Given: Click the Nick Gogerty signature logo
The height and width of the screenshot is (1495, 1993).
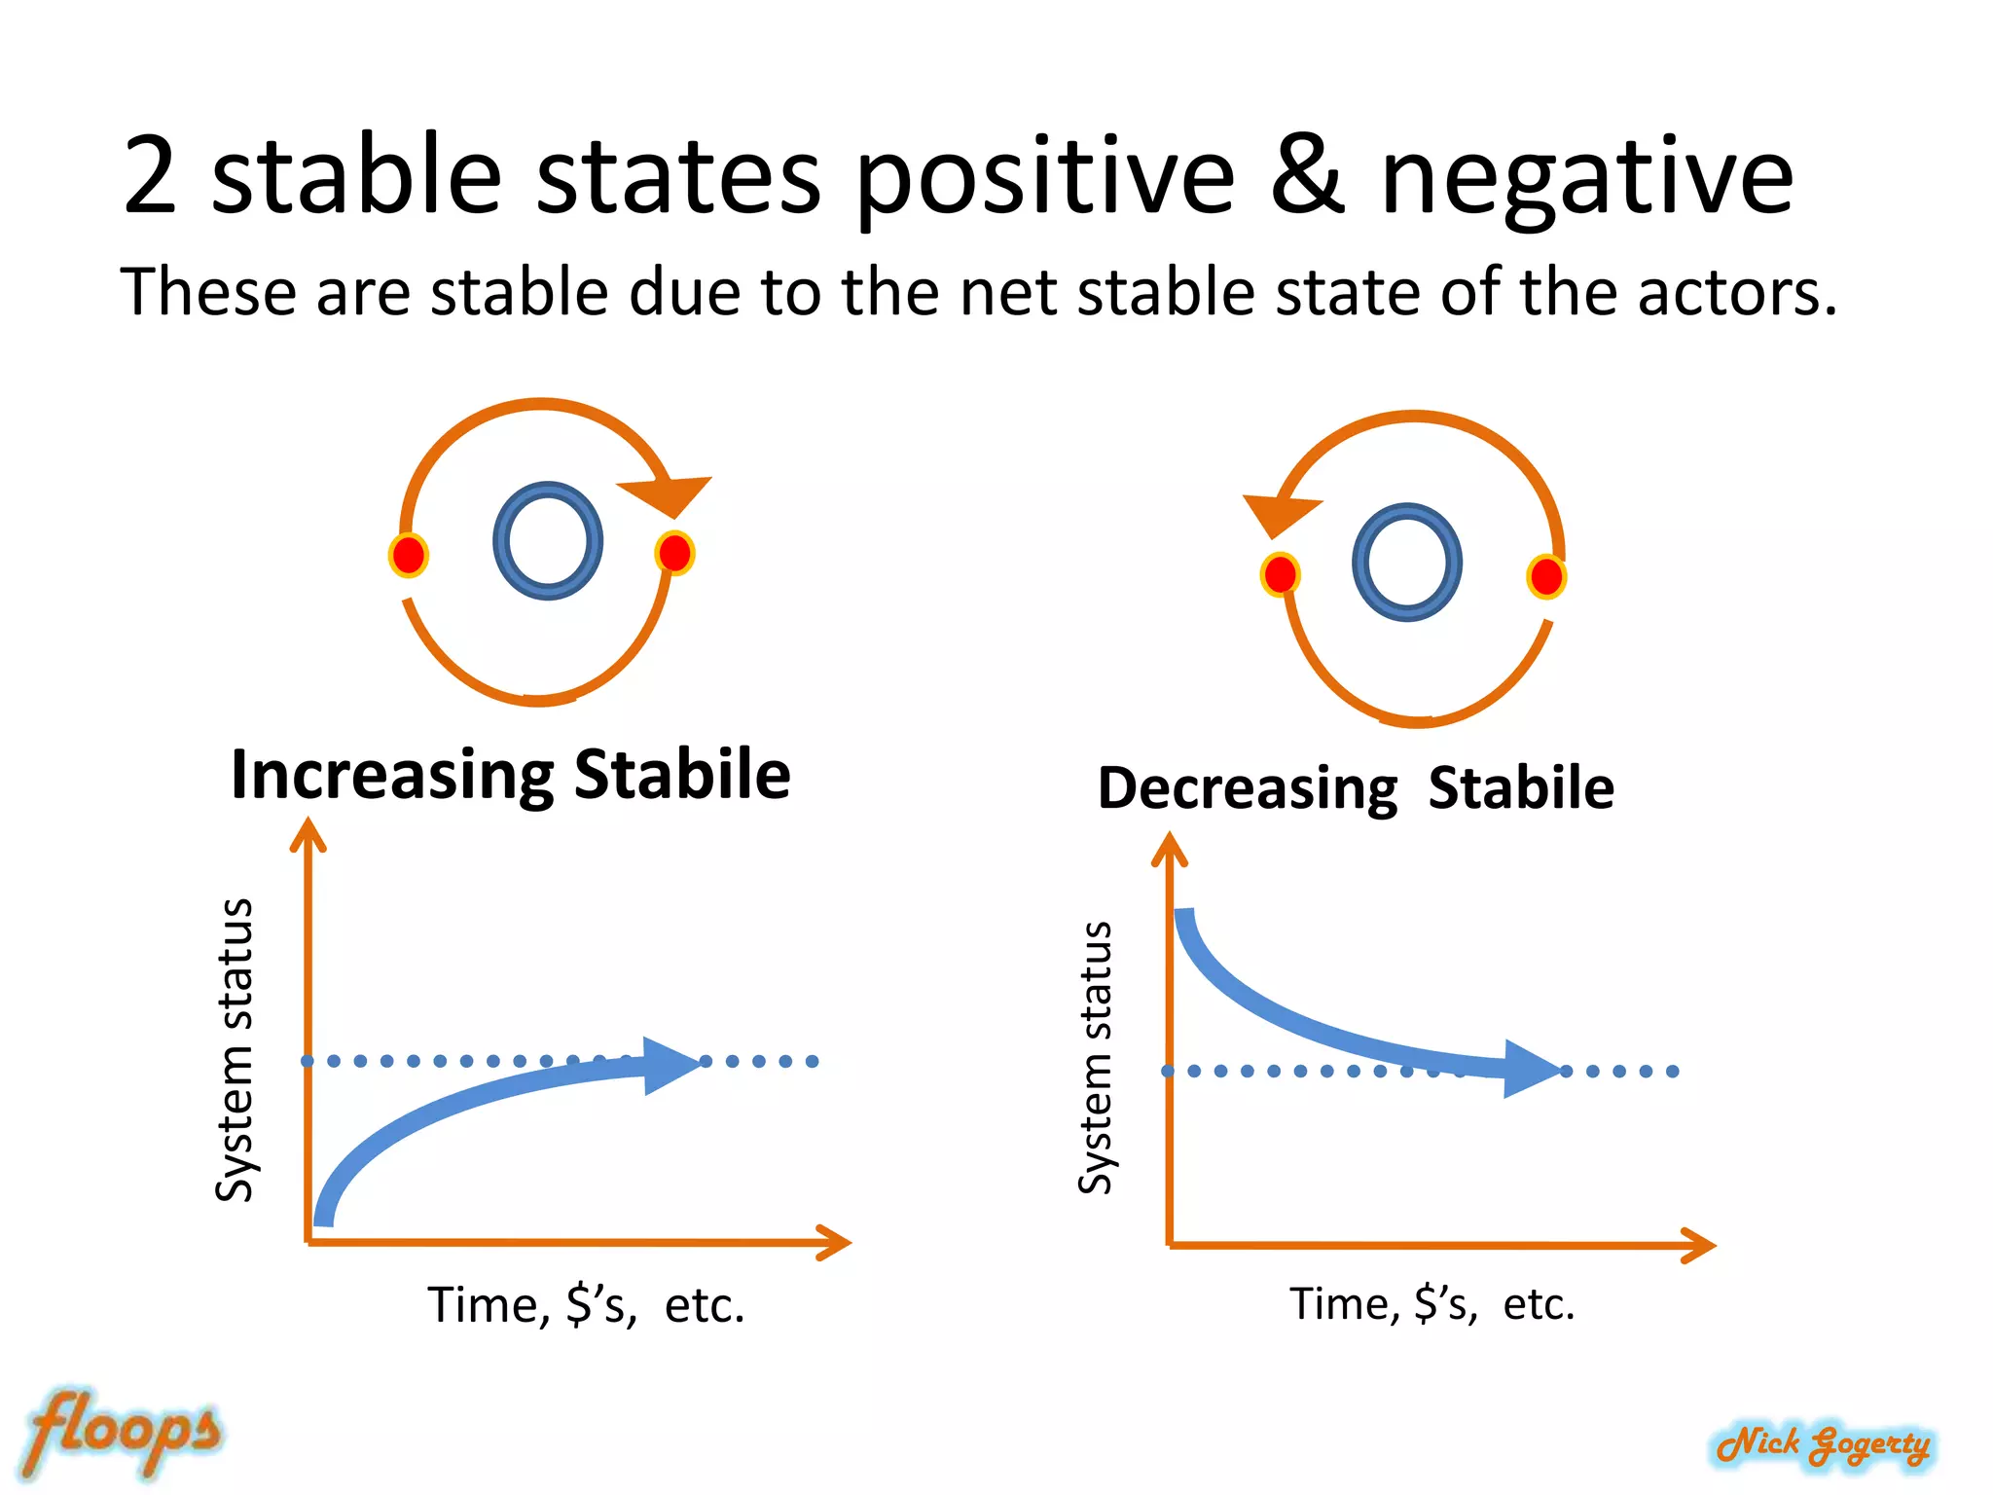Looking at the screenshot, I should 1823,1445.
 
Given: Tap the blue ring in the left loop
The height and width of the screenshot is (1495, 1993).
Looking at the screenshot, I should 547,541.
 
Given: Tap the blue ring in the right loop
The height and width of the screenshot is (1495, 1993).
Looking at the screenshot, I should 1406,563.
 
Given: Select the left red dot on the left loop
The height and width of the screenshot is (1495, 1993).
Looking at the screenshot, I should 408,555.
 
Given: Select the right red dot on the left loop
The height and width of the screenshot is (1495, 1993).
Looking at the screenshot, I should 674,553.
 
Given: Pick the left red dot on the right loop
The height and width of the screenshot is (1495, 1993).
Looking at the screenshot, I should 1280,574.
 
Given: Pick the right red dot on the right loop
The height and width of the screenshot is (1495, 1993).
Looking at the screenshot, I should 1545,576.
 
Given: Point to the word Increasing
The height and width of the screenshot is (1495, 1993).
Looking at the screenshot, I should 393,776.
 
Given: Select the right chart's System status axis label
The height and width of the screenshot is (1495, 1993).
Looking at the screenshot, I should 1096,1056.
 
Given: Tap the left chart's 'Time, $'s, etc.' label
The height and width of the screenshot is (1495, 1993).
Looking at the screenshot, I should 586,1305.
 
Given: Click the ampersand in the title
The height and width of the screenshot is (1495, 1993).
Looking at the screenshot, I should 1308,176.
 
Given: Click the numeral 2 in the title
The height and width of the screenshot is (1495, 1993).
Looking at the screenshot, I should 151,176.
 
